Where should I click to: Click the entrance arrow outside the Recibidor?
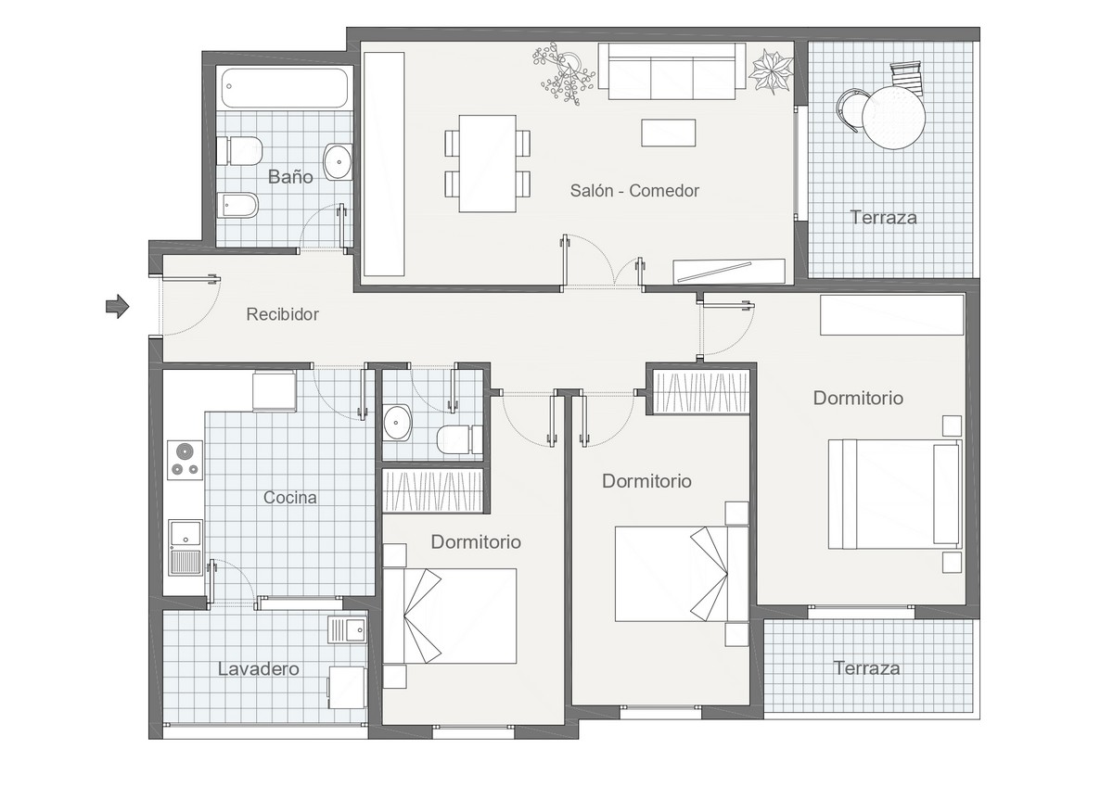point(117,306)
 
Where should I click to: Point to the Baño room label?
point(290,176)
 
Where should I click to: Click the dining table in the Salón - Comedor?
point(488,163)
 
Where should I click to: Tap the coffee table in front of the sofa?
point(668,132)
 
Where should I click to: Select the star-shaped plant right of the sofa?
point(772,70)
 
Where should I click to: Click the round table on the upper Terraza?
point(894,117)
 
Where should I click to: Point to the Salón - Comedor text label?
point(634,191)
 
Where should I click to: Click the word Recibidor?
point(282,314)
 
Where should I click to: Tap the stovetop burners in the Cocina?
point(185,461)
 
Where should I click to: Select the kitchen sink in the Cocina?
point(184,547)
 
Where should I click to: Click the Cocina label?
point(289,498)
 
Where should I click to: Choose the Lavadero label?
point(258,668)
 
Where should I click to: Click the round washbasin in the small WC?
point(399,423)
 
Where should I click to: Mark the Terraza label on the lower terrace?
point(866,667)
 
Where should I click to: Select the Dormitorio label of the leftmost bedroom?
point(476,542)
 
